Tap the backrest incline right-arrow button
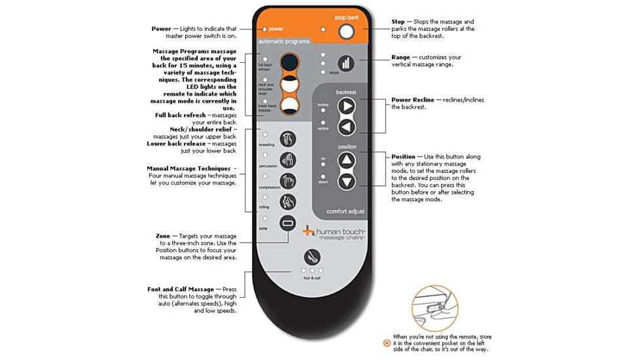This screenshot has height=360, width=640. click(346, 107)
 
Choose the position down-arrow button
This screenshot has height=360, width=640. click(346, 181)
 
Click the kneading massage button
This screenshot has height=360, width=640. click(288, 139)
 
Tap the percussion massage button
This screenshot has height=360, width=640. click(288, 160)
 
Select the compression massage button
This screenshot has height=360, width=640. click(288, 181)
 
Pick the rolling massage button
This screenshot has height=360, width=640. click(288, 202)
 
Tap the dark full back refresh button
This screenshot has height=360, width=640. click(289, 63)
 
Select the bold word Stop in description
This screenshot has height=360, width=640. click(398, 22)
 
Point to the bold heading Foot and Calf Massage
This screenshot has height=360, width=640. click(181, 289)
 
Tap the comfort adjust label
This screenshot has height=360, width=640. click(346, 211)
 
